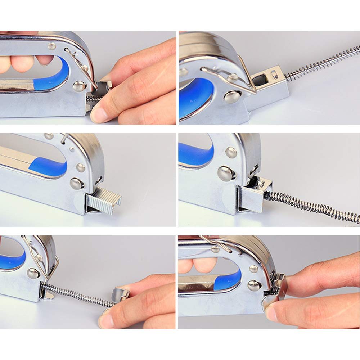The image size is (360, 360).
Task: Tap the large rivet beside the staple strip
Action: click(76, 183)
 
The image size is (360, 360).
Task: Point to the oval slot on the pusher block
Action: click(275, 75)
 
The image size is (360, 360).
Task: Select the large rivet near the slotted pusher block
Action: click(230, 96)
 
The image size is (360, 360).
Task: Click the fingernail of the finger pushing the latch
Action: click(98, 114)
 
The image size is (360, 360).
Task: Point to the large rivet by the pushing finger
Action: click(78, 86)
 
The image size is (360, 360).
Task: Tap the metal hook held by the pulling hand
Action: click(121, 294)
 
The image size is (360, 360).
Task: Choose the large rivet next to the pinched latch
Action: click(254, 285)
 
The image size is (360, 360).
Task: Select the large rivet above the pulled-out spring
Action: click(33, 273)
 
